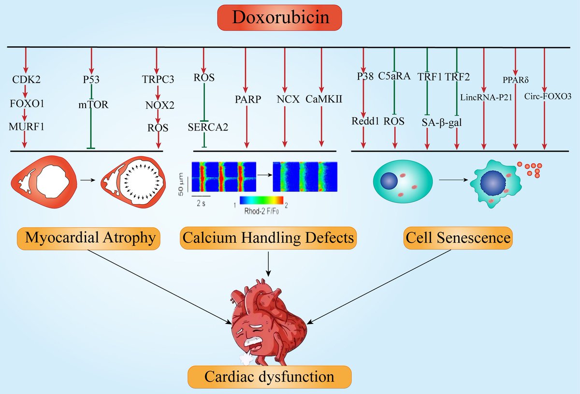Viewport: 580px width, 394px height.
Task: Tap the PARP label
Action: click(247, 100)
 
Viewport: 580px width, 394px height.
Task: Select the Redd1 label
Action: click(363, 121)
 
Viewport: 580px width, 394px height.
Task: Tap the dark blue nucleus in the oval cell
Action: click(389, 181)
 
